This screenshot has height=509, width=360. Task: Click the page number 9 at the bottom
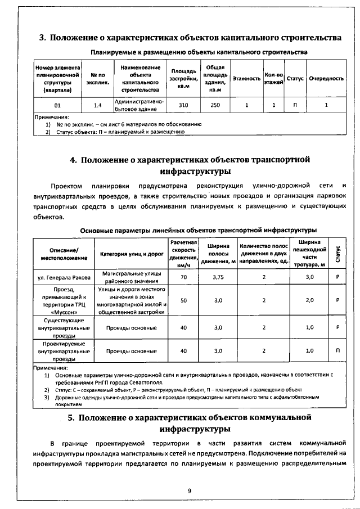click(190, 491)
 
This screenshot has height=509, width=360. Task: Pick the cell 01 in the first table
click(57, 105)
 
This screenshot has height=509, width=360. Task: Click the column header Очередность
click(326, 79)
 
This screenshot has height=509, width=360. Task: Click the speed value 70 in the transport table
click(183, 277)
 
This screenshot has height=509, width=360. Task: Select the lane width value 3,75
click(219, 277)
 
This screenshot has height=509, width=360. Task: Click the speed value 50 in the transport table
click(183, 300)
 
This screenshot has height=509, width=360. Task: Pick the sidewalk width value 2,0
click(309, 300)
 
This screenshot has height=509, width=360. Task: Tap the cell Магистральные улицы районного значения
click(132, 277)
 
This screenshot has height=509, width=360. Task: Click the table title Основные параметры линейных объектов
click(198, 229)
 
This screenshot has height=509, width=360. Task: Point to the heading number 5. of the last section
click(71, 417)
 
